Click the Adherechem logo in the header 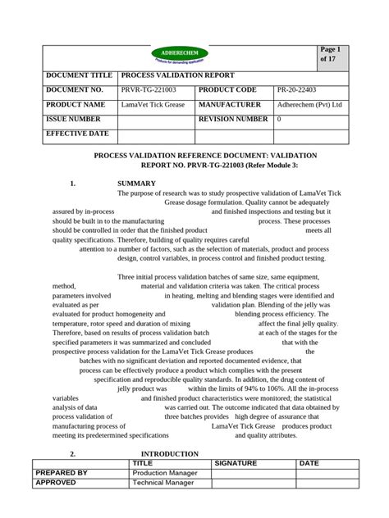180,55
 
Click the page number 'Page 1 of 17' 329,55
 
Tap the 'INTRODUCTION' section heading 170,453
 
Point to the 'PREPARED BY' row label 62,473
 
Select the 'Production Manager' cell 167,473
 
